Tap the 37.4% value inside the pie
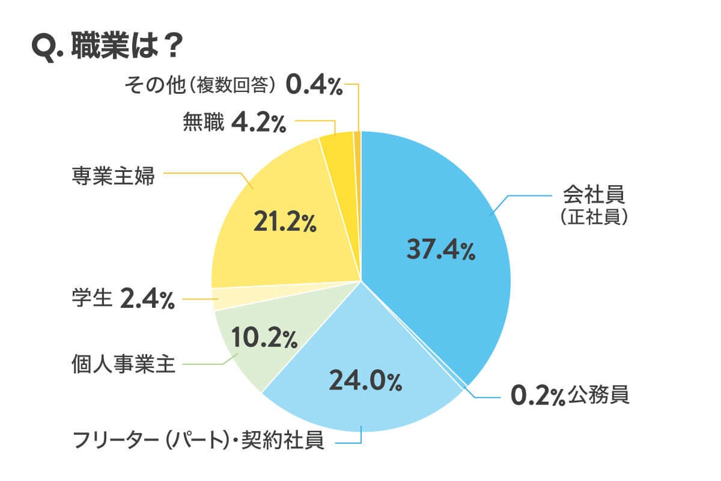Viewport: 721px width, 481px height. click(x=440, y=249)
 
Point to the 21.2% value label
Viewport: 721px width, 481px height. click(x=284, y=222)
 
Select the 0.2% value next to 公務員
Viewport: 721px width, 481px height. click(x=537, y=396)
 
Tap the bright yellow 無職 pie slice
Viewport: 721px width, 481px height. click(x=336, y=144)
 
